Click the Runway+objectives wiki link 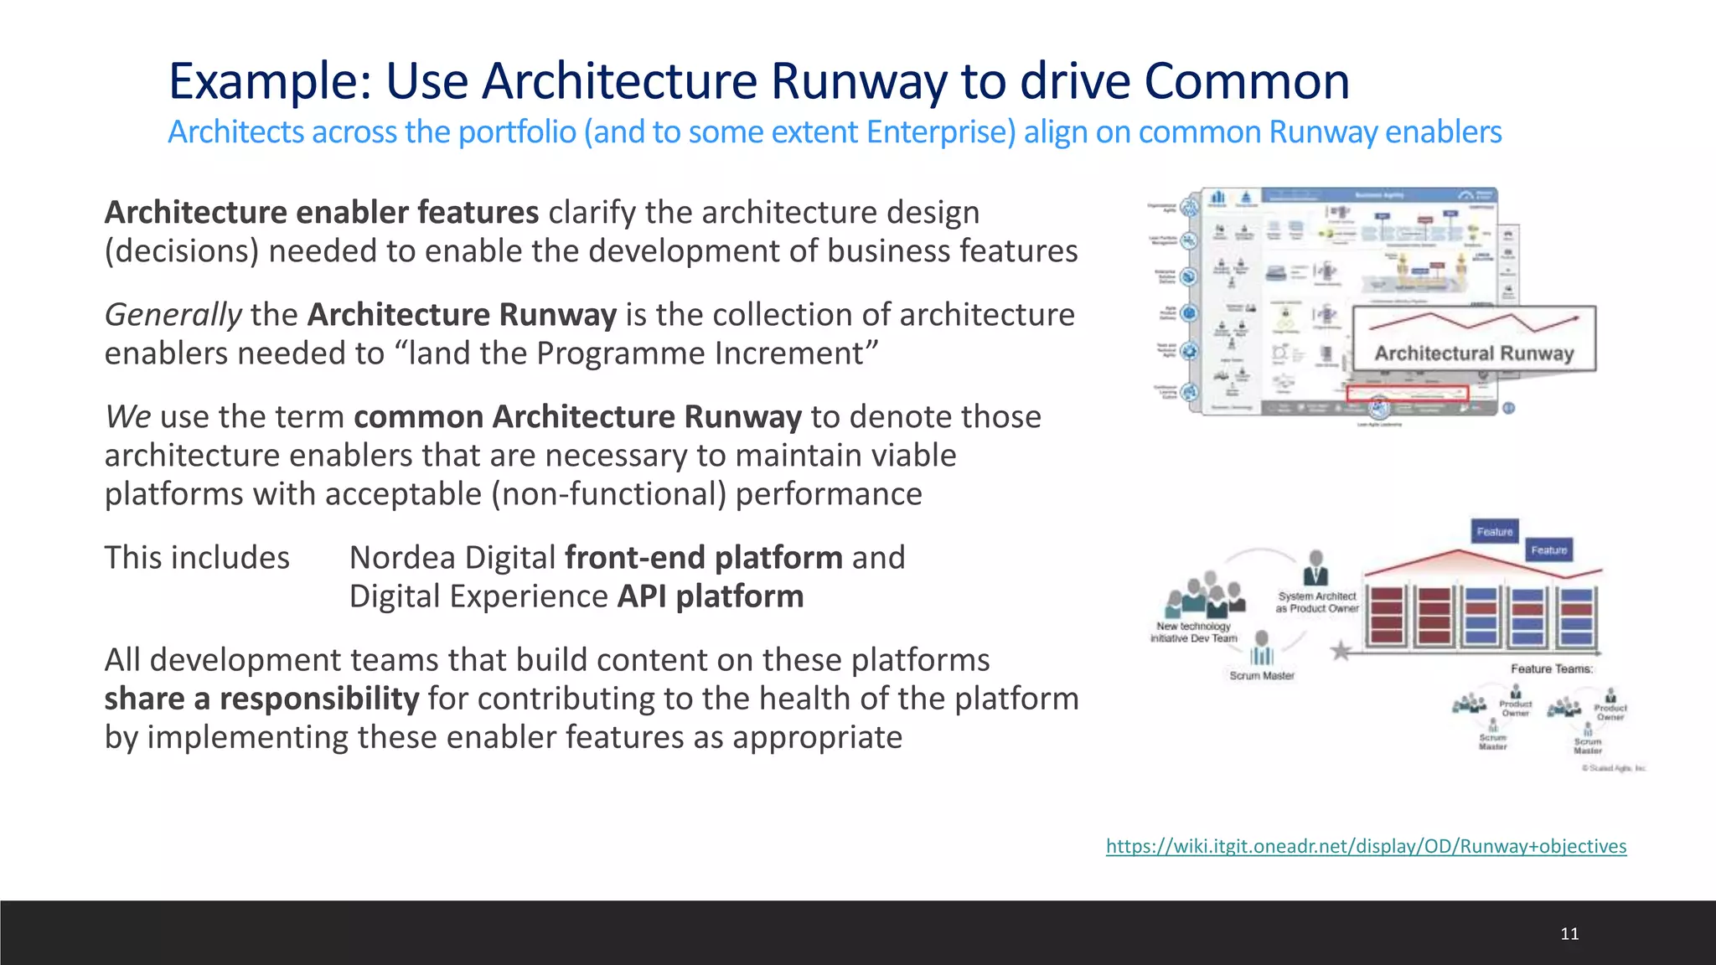pos(1366,846)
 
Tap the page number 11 pos(1569,933)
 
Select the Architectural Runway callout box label pos(1474,353)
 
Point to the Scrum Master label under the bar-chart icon pos(1262,675)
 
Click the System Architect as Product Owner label pos(1317,602)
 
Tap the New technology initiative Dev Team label pos(1193,632)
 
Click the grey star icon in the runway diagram pos(1341,650)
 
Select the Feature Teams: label pos(1552,668)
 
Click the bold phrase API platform pos(711,596)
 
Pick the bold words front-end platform pos(704,558)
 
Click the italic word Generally pos(173,315)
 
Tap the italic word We pos(127,417)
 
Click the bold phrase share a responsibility pos(261,699)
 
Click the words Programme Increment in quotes pos(700,353)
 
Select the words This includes pos(197,558)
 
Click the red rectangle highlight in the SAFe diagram pos(1408,394)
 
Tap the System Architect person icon pos(1316,567)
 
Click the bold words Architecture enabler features pos(321,213)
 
